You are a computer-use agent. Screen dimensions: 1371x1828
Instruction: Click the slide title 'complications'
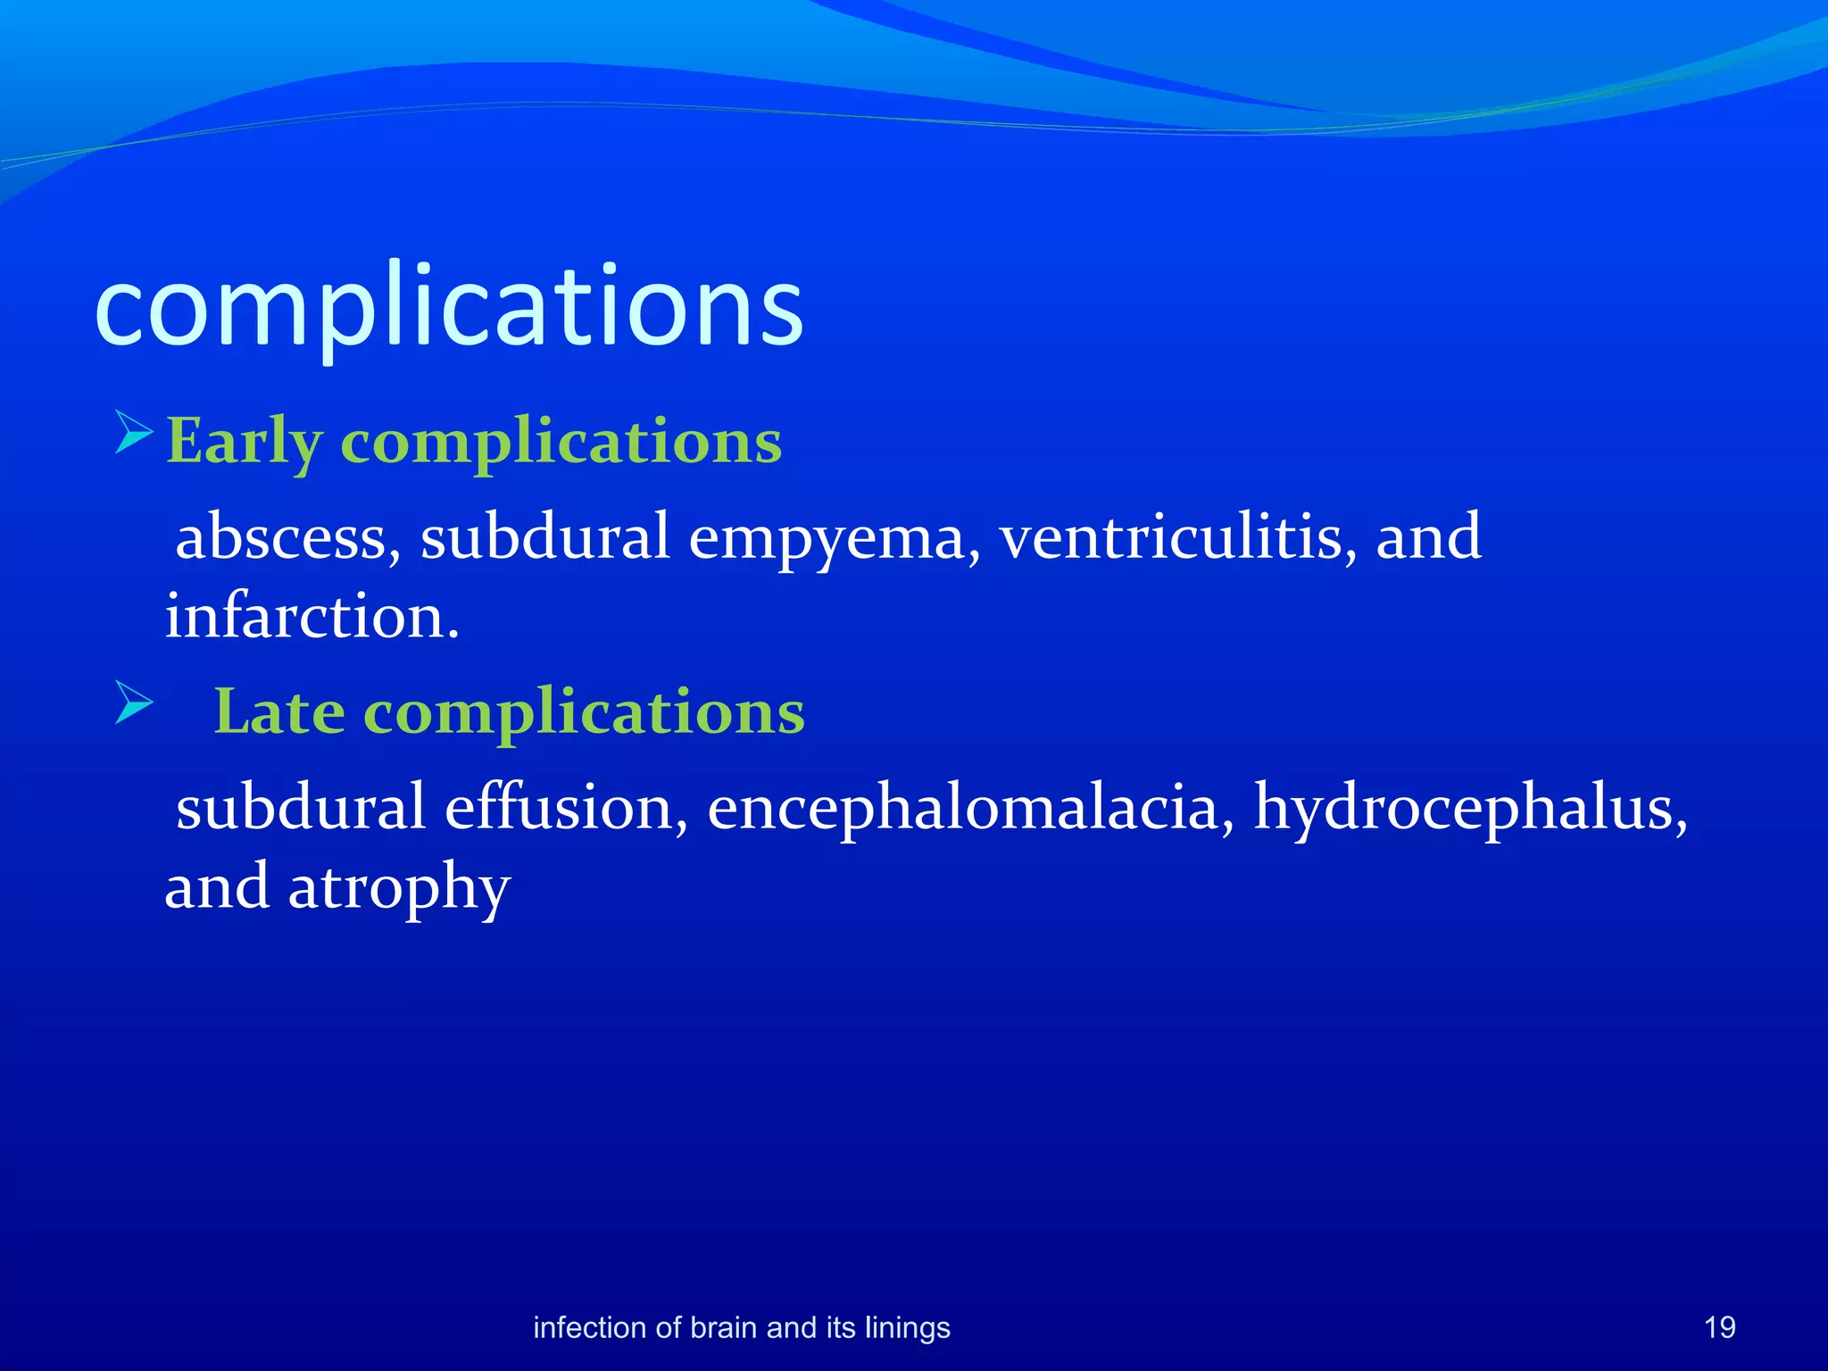[449, 308]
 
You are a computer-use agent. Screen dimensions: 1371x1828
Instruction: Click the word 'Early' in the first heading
[243, 441]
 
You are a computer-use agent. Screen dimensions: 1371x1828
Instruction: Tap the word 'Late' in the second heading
[279, 711]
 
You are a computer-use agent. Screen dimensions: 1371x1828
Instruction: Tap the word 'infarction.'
[312, 616]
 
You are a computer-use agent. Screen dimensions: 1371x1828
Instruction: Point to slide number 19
[1719, 1327]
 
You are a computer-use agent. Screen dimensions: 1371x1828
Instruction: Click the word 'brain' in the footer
[723, 1327]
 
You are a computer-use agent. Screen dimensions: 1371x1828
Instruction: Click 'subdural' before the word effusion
[300, 807]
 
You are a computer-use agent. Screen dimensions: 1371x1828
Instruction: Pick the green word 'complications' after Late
[585, 713]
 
